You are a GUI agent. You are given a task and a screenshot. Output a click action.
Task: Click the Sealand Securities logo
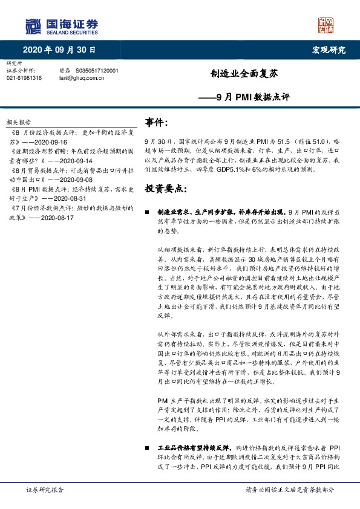point(61,25)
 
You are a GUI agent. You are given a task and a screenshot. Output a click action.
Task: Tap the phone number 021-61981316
point(24,78)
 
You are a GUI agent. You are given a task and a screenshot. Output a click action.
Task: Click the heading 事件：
point(157,122)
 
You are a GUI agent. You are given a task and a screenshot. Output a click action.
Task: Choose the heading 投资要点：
point(165,189)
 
